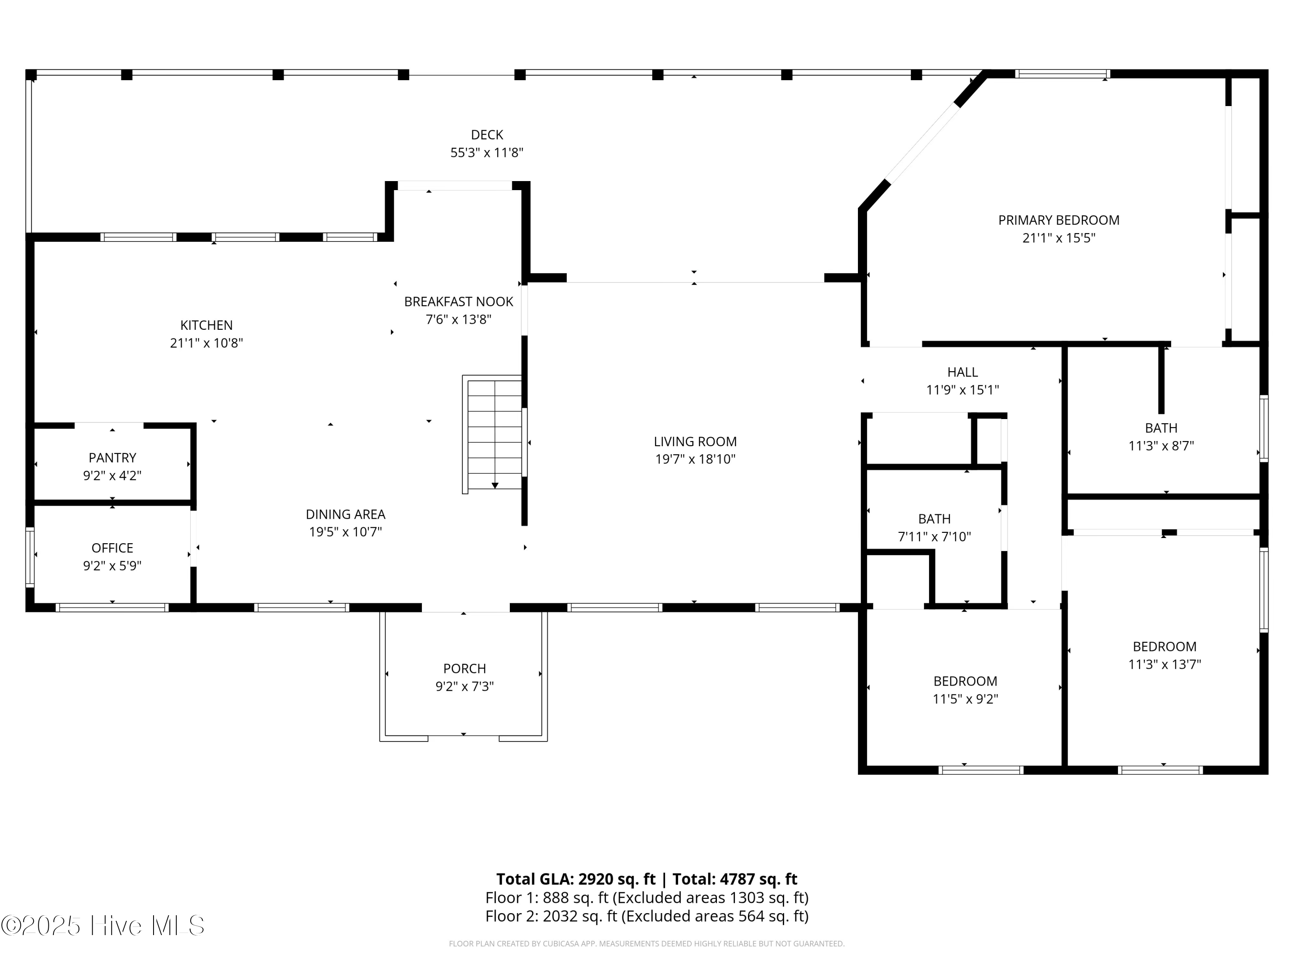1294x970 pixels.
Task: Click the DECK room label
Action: pyautogui.click(x=487, y=135)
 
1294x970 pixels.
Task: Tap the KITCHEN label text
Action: pyautogui.click(x=207, y=325)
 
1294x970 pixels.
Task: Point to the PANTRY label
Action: pyautogui.click(x=112, y=458)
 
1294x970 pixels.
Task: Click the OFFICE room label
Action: pyautogui.click(x=112, y=548)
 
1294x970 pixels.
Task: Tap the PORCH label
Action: pyautogui.click(x=465, y=668)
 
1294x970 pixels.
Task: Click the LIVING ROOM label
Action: pyautogui.click(x=695, y=441)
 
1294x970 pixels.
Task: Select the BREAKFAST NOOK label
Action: pyautogui.click(x=459, y=302)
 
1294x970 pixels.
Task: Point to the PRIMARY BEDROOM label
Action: pyautogui.click(x=1059, y=220)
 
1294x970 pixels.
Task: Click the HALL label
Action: pyautogui.click(x=962, y=372)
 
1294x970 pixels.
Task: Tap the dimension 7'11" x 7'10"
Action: pyautogui.click(x=934, y=537)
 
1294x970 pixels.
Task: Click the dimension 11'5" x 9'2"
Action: pyautogui.click(x=965, y=699)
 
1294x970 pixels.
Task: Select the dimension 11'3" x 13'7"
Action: pyautogui.click(x=1164, y=665)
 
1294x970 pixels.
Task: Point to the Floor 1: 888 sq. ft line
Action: pyautogui.click(x=647, y=898)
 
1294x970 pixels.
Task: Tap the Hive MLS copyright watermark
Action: pyautogui.click(x=103, y=926)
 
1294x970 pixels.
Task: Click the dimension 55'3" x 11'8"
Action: pyautogui.click(x=487, y=153)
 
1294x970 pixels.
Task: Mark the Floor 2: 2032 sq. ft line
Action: pyautogui.click(x=647, y=916)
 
